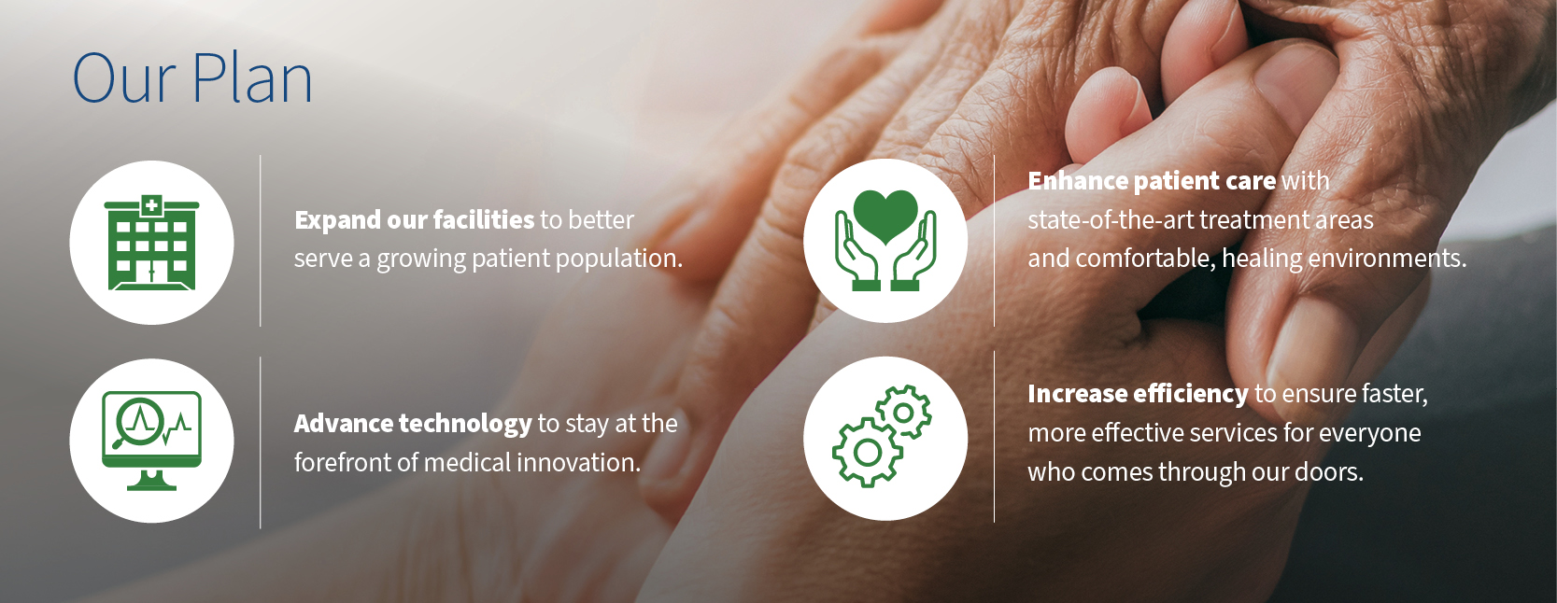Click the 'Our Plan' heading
tap(192, 77)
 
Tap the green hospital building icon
tap(151, 243)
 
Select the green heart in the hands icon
tap(885, 241)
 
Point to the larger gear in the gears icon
tap(868, 452)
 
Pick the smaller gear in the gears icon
tap(903, 413)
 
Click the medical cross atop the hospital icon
tap(151, 205)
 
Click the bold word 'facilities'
tap(484, 219)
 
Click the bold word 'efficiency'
tap(1191, 394)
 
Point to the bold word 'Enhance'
tap(1078, 181)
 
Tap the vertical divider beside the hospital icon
tap(261, 241)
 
